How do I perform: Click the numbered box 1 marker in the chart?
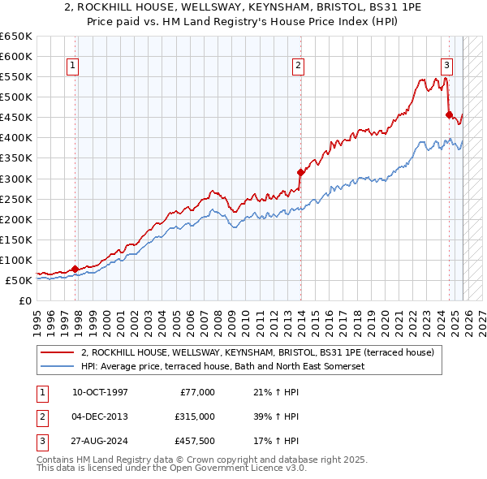click(x=73, y=67)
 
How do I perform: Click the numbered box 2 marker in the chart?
click(x=299, y=67)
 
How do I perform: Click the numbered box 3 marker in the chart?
click(x=446, y=67)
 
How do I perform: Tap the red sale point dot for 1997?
click(x=75, y=269)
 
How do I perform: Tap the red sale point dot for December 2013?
click(x=300, y=172)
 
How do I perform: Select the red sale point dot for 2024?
click(x=449, y=114)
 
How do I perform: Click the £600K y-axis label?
click(x=16, y=56)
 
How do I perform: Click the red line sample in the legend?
click(x=58, y=352)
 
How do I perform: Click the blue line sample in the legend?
click(x=58, y=366)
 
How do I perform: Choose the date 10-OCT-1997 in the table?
click(x=100, y=392)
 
